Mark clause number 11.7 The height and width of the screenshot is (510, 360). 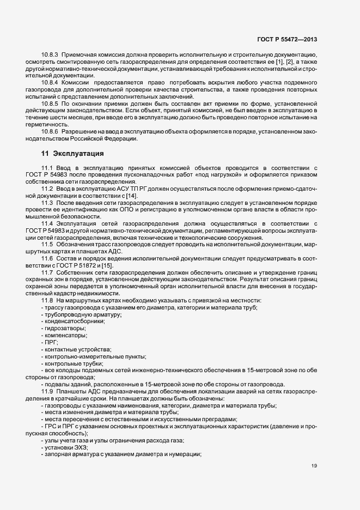tap(46, 272)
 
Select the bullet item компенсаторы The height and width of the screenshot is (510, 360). tap(64, 336)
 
